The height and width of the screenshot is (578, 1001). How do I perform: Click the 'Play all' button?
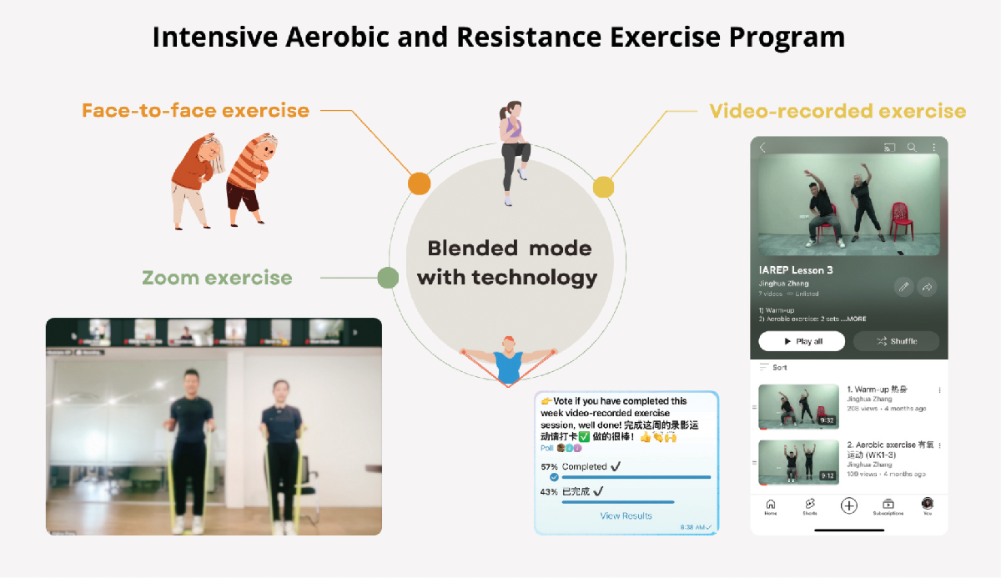click(x=802, y=341)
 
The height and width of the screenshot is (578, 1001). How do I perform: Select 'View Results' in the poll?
click(x=626, y=516)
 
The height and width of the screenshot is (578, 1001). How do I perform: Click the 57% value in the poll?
click(x=549, y=467)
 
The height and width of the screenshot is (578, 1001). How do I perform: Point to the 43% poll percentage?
click(x=549, y=492)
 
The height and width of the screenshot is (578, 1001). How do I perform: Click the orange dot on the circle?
click(x=419, y=183)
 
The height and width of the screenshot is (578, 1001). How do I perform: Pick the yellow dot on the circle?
click(x=603, y=187)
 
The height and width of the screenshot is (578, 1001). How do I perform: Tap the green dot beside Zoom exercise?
click(x=387, y=278)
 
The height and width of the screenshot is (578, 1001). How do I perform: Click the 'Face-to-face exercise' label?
click(x=195, y=110)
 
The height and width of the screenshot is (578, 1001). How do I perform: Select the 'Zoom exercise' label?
click(x=217, y=278)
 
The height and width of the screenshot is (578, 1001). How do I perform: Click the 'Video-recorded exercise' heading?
click(x=837, y=111)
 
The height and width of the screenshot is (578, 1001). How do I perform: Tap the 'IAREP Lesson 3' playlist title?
click(x=796, y=270)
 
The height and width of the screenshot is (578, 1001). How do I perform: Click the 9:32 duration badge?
click(x=827, y=421)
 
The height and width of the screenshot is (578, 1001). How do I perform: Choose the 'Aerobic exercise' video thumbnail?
click(x=798, y=461)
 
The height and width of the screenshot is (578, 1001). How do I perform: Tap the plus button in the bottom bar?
click(x=848, y=505)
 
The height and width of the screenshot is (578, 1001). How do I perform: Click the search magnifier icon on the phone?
click(x=912, y=148)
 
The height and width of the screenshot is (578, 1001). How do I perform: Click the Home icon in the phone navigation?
click(x=770, y=505)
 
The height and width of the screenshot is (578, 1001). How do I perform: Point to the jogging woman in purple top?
click(x=511, y=150)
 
